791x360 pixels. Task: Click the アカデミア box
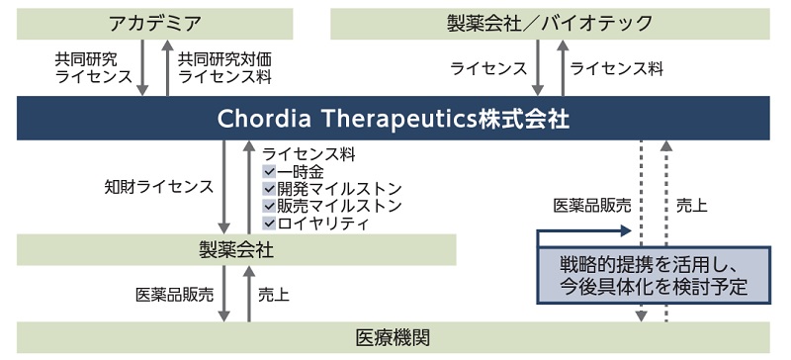pyautogui.click(x=155, y=23)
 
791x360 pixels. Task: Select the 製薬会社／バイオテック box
pyautogui.click(x=550, y=23)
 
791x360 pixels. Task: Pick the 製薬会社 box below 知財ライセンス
pyautogui.click(x=236, y=249)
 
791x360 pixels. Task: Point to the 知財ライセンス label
pyautogui.click(x=158, y=186)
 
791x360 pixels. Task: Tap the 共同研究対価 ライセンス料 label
pyautogui.click(x=225, y=67)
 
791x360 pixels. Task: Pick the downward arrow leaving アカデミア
pyautogui.click(x=144, y=67)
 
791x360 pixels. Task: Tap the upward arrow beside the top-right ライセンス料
pyautogui.click(x=561, y=67)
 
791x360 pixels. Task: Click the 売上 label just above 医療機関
pyautogui.click(x=273, y=294)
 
